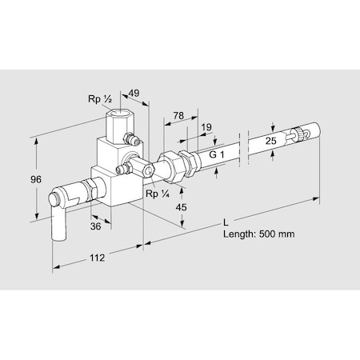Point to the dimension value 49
click(135, 93)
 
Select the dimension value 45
click(182, 208)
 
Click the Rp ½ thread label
click(100, 100)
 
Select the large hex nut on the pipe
click(172, 163)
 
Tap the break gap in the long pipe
click(244, 150)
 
